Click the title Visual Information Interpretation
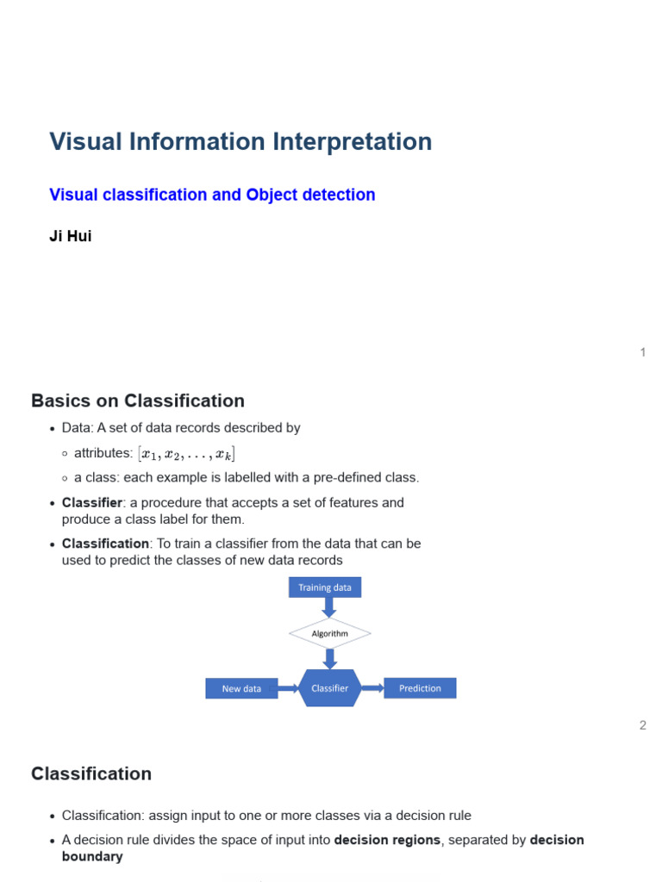240,142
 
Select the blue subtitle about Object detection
212,195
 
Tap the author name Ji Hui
71,236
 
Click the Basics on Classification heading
138,401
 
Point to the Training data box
325,587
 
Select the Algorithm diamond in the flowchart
329,634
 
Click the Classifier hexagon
329,688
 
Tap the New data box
241,688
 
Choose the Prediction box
420,688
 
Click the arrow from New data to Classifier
288,688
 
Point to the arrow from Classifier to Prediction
372,688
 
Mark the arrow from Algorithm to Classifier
329,659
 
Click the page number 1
643,352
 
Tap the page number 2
643,725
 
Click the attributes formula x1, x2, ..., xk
188,454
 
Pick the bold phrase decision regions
387,840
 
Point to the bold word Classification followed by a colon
106,543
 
